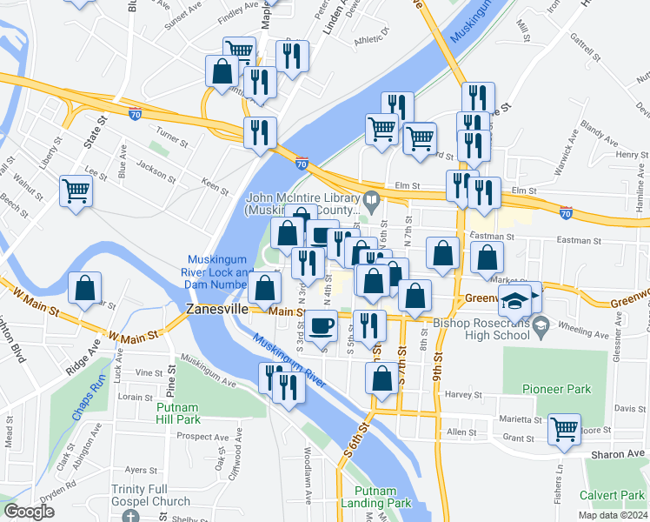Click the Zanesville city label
pyautogui.click(x=217, y=310)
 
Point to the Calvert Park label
pyautogui.click(x=614, y=495)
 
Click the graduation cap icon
pyautogui.click(x=514, y=300)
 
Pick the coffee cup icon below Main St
pyautogui.click(x=322, y=325)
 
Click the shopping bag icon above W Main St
pyautogui.click(x=85, y=290)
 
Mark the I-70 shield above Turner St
pyautogui.click(x=134, y=113)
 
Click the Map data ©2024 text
pyautogui.click(x=612, y=515)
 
